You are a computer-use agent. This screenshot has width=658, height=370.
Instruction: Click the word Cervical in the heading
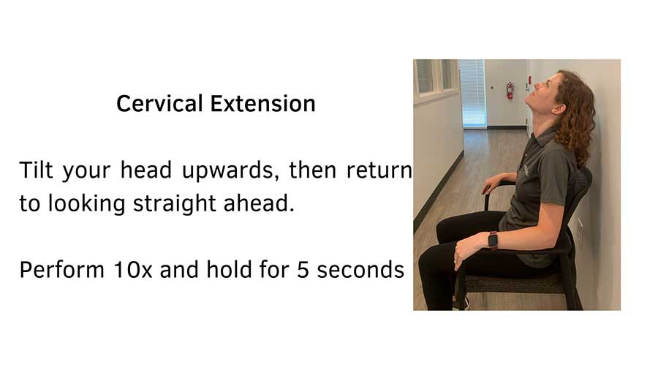pyautogui.click(x=160, y=104)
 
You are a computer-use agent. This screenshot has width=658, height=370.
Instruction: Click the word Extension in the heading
pyautogui.click(x=263, y=104)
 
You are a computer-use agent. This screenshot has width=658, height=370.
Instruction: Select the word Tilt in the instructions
pyautogui.click(x=37, y=171)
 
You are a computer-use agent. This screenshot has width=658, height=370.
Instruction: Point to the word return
pyautogui.click(x=379, y=171)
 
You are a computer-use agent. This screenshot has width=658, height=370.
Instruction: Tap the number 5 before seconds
pyautogui.click(x=302, y=270)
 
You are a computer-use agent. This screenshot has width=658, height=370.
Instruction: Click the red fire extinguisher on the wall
pyautogui.click(x=510, y=90)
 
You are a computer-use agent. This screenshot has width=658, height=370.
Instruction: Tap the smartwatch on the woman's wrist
pyautogui.click(x=493, y=239)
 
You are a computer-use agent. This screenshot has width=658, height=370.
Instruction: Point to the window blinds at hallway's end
pyautogui.click(x=472, y=92)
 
